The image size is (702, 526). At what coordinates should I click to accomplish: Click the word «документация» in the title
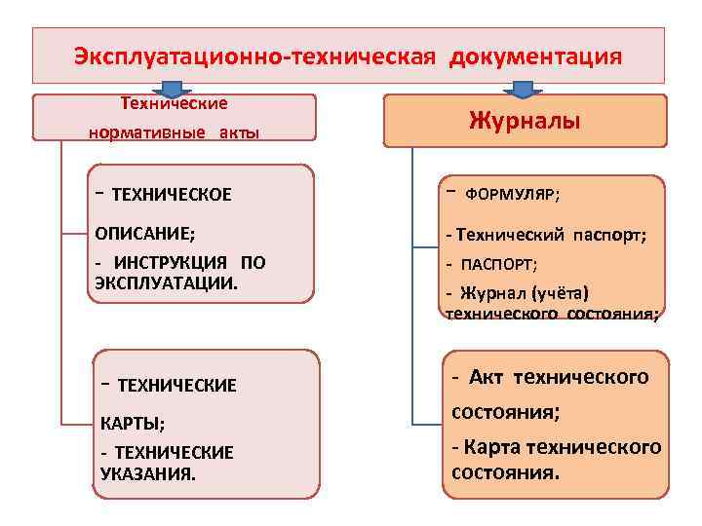[534, 56]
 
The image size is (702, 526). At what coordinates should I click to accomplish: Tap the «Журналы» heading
[525, 121]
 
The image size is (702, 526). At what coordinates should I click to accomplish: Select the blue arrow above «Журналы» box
[525, 90]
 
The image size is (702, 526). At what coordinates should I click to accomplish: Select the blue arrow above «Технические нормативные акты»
[173, 90]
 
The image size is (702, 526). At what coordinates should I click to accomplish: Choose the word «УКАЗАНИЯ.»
[147, 473]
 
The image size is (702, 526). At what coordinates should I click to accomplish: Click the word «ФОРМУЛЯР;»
[512, 195]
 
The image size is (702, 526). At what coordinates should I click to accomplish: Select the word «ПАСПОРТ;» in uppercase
[501, 264]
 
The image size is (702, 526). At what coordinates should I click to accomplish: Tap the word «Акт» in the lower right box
[488, 377]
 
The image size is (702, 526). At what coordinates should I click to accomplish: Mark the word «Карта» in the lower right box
[492, 447]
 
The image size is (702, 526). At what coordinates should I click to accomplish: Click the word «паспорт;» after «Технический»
[610, 235]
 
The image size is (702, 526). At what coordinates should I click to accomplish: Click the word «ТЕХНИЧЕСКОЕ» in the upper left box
[172, 195]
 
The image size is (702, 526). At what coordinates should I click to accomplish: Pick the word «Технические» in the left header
[173, 102]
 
